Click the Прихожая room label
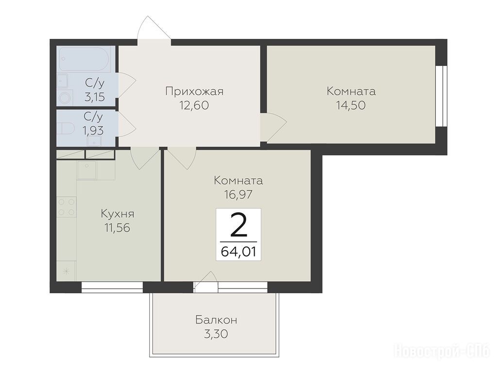pos(194,91)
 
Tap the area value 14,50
pos(351,105)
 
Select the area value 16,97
pos(239,194)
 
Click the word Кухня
pos(117,214)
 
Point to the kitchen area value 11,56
pos(117,227)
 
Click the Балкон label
pos(216,320)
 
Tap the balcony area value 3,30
pos(216,334)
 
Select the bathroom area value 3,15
pos(94,97)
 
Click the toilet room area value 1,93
pos(93,130)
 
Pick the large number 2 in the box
pos(239,225)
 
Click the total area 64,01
pos(239,252)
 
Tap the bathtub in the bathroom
pos(84,59)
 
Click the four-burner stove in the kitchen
pos(67,206)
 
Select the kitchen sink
pos(87,170)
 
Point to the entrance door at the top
pos(154,30)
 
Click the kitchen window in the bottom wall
pos(112,287)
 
